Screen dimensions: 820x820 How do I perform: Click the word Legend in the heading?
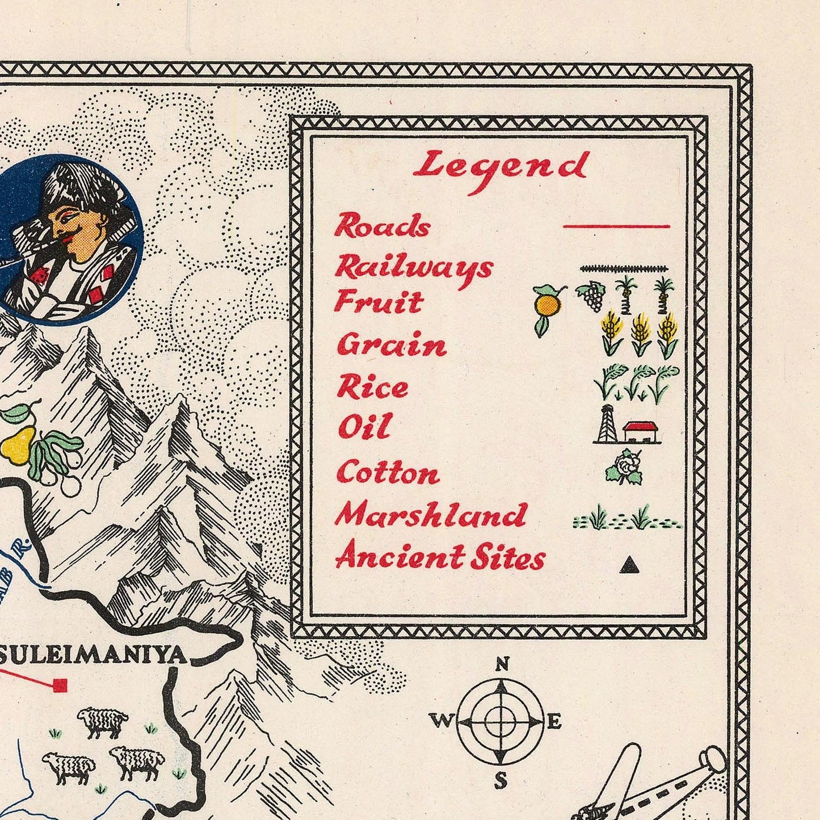point(501,167)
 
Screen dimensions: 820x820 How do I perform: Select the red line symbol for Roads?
point(616,226)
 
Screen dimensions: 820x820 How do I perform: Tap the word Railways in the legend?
point(413,268)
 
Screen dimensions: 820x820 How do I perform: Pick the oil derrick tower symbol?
point(607,424)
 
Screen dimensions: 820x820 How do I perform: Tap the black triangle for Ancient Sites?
point(628,565)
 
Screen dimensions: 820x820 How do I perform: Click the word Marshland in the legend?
point(431,515)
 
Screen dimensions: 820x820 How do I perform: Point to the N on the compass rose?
point(502,663)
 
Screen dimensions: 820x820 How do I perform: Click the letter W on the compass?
point(441,721)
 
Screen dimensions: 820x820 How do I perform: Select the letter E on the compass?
point(554,722)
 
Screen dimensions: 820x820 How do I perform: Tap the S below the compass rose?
point(501,781)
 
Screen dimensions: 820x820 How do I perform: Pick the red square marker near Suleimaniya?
point(60,686)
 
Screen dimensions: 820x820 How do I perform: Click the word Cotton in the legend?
point(388,473)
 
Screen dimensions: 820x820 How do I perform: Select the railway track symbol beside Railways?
point(624,269)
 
